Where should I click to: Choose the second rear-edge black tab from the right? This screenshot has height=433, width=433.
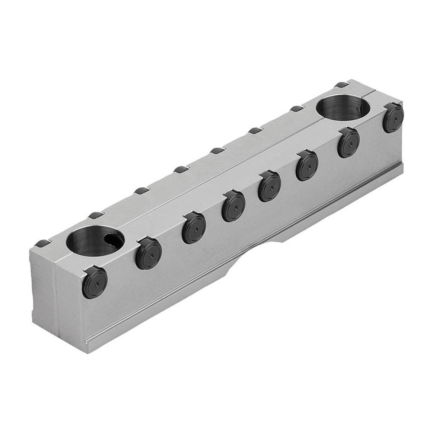pyautogui.click(x=297, y=109)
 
